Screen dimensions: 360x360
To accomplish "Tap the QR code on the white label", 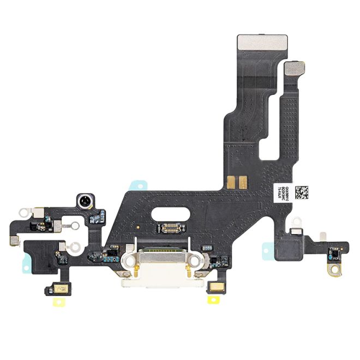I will [x=301, y=192].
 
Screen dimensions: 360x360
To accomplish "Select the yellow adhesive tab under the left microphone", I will [x=56, y=299].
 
